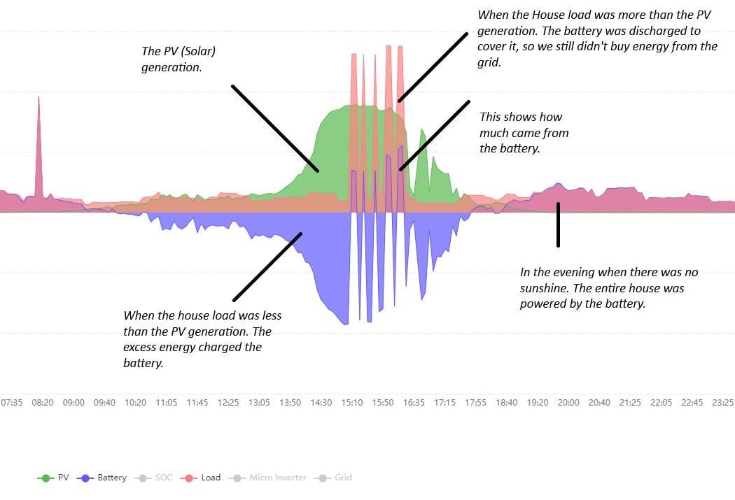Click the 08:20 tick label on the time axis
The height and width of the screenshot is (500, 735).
pyautogui.click(x=43, y=403)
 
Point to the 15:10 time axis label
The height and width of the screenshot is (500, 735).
pyautogui.click(x=352, y=403)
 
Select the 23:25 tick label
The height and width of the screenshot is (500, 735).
pyautogui.click(x=722, y=403)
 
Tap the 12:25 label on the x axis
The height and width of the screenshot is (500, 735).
pyautogui.click(x=228, y=403)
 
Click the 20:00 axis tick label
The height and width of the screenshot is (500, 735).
pyautogui.click(x=568, y=403)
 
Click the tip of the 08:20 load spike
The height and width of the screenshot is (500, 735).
pyautogui.click(x=38, y=97)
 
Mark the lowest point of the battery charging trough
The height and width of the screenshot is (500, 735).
pyautogui.click(x=346, y=324)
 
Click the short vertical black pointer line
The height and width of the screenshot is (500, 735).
pyautogui.click(x=558, y=224)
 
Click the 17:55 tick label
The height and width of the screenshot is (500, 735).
pyautogui.click(x=476, y=403)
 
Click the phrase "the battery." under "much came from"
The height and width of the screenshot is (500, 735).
pyautogui.click(x=510, y=148)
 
